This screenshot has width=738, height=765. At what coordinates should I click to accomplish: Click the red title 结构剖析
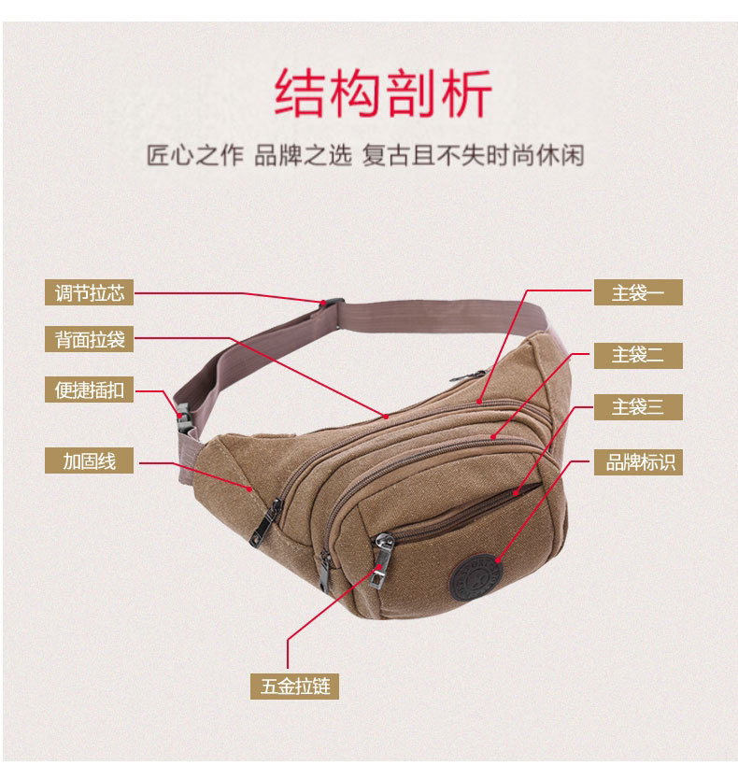(x=383, y=92)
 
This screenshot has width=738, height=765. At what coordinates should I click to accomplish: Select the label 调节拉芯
(x=90, y=292)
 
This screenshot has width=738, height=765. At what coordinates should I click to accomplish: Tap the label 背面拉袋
(x=90, y=339)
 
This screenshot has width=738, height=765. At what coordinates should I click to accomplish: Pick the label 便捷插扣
(x=90, y=390)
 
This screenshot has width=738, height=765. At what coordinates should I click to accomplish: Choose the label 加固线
(x=90, y=460)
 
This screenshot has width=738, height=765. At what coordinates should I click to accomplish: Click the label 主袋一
(x=638, y=292)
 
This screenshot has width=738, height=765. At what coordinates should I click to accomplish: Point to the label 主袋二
(x=638, y=355)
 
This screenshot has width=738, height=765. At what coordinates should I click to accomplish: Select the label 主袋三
(x=638, y=407)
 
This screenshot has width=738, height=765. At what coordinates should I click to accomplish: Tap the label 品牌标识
(x=638, y=462)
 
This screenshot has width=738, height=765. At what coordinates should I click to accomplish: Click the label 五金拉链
(x=295, y=687)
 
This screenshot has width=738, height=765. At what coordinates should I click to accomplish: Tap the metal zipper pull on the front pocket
(x=381, y=560)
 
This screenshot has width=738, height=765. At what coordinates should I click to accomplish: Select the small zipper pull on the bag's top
(x=467, y=376)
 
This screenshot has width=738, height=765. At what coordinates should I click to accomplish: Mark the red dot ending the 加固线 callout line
(x=249, y=489)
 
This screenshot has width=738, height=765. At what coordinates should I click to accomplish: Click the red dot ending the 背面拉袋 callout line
(x=386, y=417)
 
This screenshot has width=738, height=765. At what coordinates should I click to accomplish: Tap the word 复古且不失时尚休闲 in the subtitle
(x=473, y=156)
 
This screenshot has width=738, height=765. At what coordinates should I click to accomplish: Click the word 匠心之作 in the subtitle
(x=194, y=156)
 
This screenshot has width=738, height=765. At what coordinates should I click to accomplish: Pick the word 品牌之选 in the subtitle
(x=303, y=156)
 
